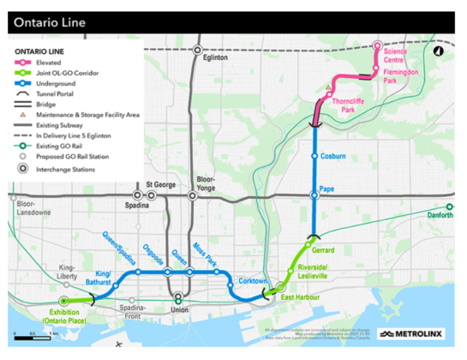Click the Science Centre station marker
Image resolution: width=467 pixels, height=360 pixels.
tap(376, 45)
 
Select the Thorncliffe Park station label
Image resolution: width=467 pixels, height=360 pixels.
tap(347, 107)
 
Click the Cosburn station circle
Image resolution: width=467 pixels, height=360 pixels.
tap(314, 156)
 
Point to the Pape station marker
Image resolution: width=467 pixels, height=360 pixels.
tap(314, 195)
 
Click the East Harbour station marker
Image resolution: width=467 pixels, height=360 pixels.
tap(280, 287)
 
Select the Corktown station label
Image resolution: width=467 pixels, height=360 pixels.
tap(254, 280)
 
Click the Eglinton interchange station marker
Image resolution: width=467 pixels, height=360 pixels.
tap(196, 51)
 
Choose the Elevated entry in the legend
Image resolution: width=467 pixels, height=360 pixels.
tap(58, 63)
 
